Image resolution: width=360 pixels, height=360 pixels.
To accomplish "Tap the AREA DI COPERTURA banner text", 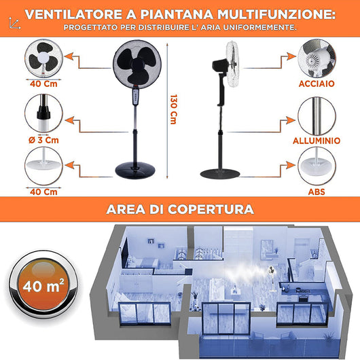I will (180, 209).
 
